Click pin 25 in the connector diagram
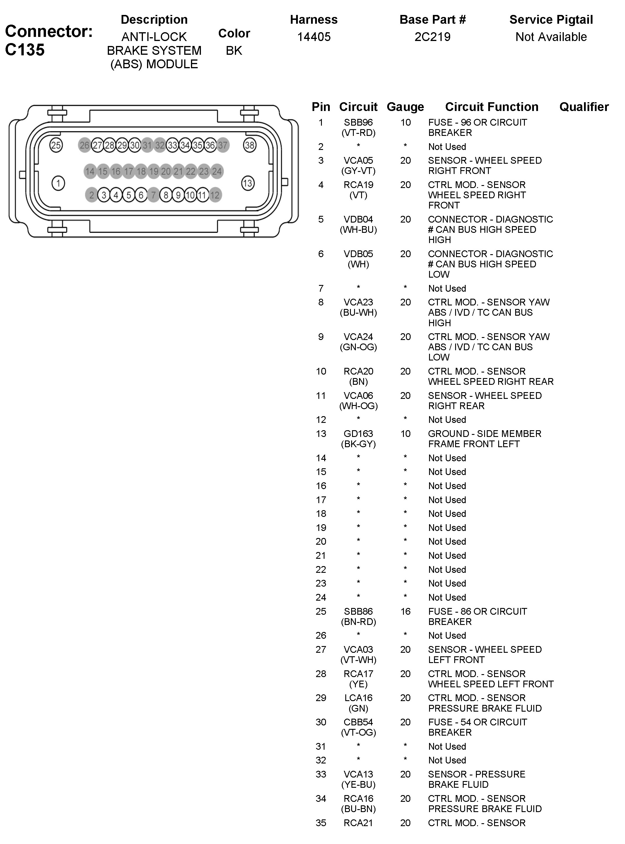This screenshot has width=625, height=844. [56, 145]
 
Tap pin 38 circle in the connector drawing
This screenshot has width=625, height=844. [250, 145]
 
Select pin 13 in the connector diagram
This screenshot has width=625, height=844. [247, 184]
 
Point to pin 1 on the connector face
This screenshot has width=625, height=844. [58, 184]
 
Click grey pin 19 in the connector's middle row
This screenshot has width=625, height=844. [153, 171]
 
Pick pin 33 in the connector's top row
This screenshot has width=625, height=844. [173, 145]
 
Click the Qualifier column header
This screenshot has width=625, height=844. [584, 107]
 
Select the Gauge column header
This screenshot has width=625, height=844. [405, 107]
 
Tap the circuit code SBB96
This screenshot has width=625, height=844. [358, 123]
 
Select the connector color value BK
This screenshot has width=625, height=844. [234, 50]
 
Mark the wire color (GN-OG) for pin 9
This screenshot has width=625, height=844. [358, 347]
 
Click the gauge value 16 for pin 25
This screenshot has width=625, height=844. [405, 611]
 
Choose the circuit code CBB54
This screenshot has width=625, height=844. [358, 722]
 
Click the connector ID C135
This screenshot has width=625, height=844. [25, 50]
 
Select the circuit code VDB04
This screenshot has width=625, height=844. [358, 219]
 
